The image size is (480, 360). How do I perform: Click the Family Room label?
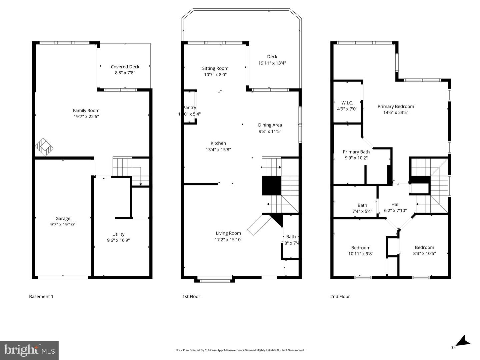86,111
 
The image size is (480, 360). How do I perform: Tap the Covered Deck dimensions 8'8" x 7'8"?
125,73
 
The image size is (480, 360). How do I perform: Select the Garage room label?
63,218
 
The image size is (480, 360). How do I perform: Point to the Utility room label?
118,234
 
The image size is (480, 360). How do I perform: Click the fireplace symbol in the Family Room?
44,147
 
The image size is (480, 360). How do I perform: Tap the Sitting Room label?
215,68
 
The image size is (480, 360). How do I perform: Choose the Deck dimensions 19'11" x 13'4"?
272,63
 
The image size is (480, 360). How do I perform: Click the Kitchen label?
218,143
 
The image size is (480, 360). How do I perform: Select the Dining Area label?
270,125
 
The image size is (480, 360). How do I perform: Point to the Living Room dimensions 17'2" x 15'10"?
228,239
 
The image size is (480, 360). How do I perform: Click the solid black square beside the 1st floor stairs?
272,185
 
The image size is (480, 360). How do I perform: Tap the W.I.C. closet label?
347,103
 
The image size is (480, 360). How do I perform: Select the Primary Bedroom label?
396,107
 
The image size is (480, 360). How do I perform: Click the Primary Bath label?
356,152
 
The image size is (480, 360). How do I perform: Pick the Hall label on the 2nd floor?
395,204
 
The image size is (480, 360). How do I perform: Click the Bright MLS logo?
29,350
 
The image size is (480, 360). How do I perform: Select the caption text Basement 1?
41,296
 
